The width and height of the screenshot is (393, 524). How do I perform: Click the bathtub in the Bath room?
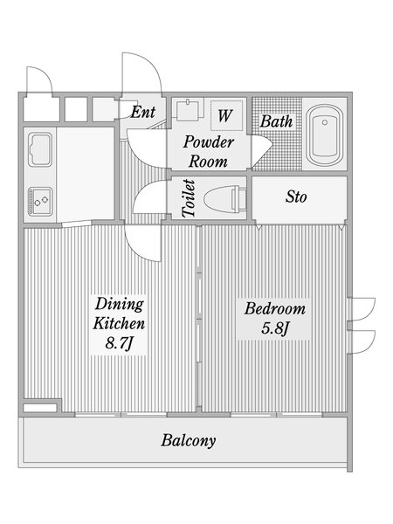[325, 135]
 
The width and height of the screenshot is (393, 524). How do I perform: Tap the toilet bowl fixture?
[225, 199]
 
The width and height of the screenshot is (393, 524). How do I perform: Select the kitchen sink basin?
[40, 149]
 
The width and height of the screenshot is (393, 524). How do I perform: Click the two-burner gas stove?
[40, 201]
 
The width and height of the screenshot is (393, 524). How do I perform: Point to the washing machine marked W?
[226, 115]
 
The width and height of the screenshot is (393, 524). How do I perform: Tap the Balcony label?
[189, 440]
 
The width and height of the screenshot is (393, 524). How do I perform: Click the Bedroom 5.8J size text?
[274, 329]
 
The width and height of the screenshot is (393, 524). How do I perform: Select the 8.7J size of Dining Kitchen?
[120, 343]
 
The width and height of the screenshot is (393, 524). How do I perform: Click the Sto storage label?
[296, 196]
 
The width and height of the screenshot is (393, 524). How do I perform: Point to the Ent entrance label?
[142, 112]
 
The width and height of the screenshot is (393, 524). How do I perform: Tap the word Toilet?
[189, 198]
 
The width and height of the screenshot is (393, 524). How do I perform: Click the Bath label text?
[276, 121]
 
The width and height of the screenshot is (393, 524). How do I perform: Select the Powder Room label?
[208, 151]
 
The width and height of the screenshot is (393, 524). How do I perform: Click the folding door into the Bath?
[262, 151]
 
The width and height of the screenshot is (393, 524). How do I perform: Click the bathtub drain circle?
[325, 122]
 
